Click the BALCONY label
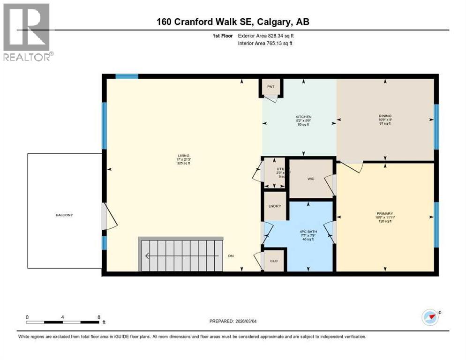click(x=65, y=215)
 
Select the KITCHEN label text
click(x=303, y=117)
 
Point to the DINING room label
click(x=385, y=116)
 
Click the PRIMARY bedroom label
click(x=385, y=212)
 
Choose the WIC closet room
click(x=310, y=179)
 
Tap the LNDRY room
click(x=274, y=206)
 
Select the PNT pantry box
click(x=271, y=87)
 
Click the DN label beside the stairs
click(x=231, y=256)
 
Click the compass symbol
click(x=430, y=317)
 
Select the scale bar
click(x=63, y=322)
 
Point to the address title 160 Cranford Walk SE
click(x=232, y=22)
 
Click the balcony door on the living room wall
click(x=106, y=216)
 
